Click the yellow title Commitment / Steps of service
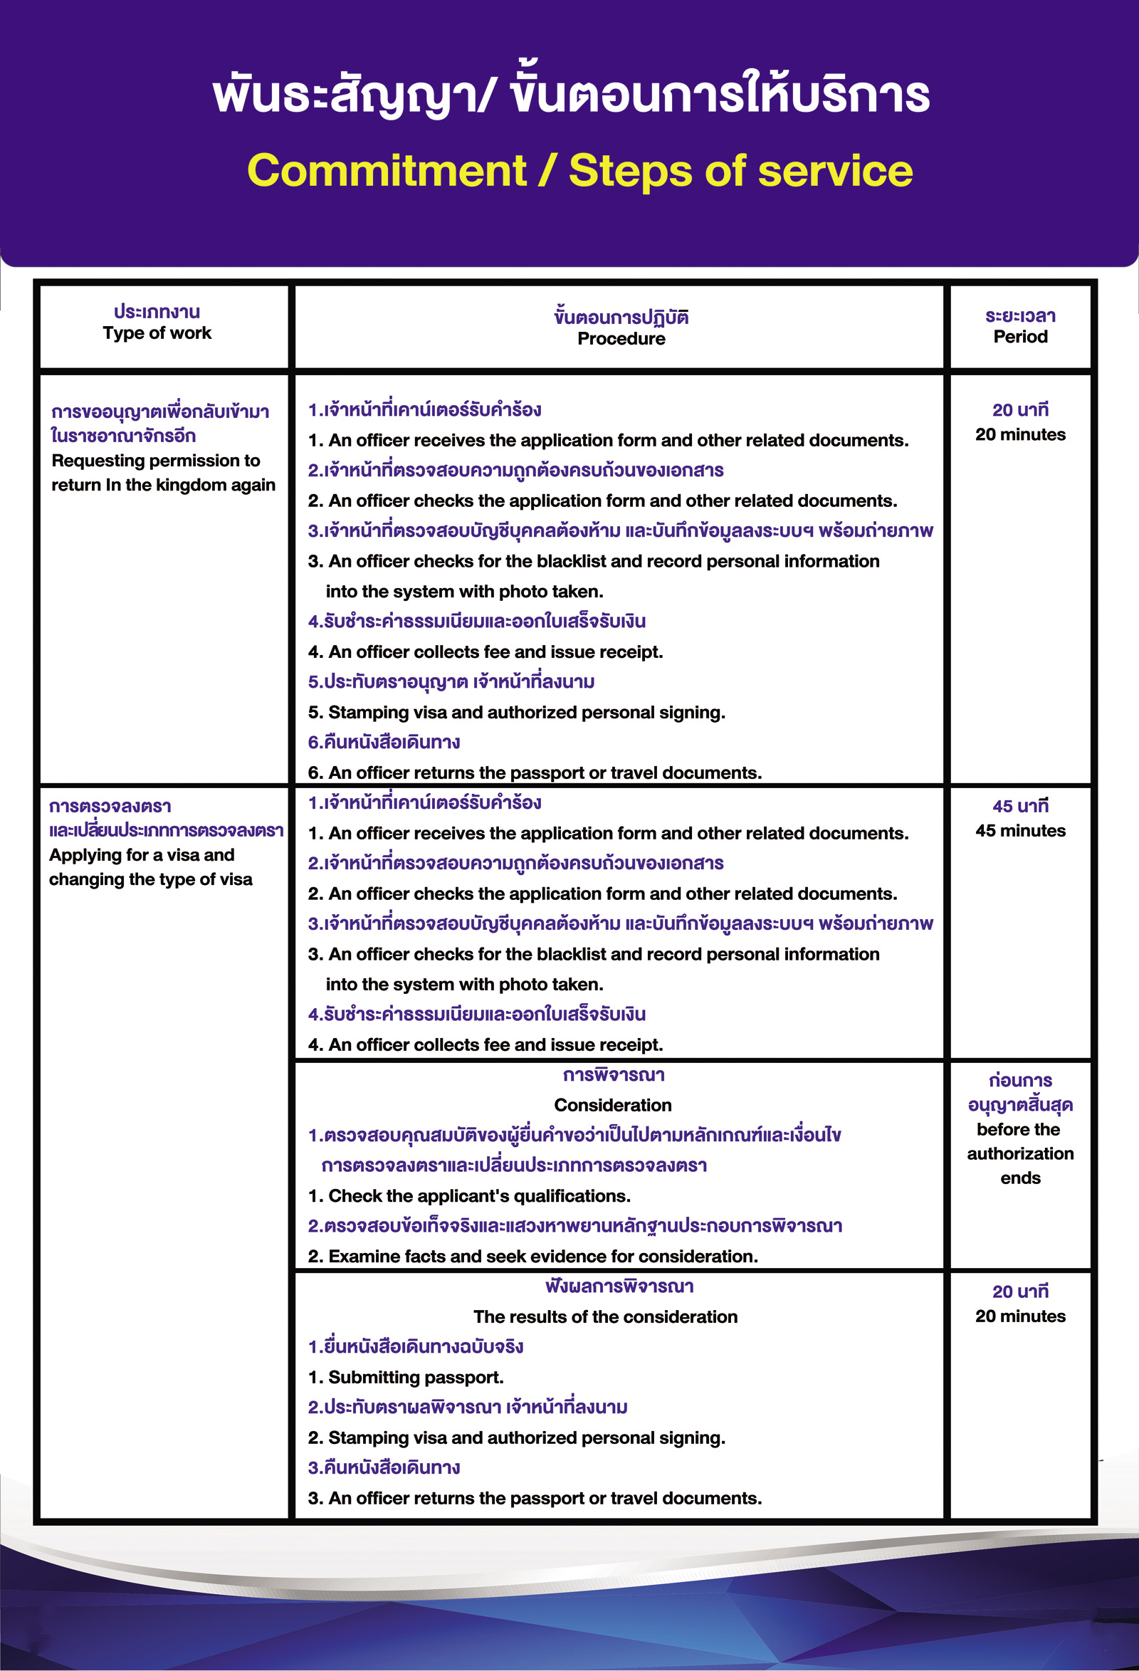point(579,171)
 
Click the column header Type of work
point(157,333)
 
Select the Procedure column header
point(621,339)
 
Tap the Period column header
point(1019,337)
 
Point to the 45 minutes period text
point(1019,830)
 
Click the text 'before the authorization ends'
point(1019,1153)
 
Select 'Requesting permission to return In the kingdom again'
point(162,473)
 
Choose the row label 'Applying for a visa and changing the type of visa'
point(150,867)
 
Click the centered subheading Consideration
point(613,1105)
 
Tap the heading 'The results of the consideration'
point(606,1316)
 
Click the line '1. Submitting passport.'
point(406,1377)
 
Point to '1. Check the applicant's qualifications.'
point(469,1195)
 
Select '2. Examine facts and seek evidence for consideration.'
point(532,1256)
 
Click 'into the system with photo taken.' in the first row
point(464,591)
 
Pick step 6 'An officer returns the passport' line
point(535,772)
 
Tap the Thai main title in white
point(571,95)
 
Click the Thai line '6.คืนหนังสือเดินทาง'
point(384,742)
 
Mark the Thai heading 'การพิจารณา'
point(614,1075)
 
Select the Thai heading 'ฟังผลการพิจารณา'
point(619,1286)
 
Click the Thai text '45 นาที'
point(1019,806)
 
